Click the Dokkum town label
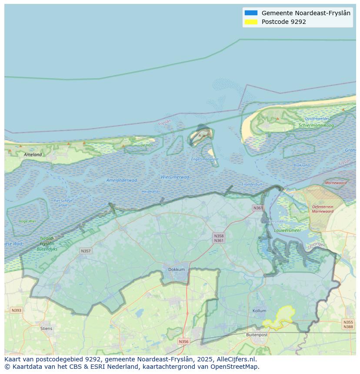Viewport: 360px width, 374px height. click(x=177, y=269)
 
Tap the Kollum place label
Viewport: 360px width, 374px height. click(x=259, y=311)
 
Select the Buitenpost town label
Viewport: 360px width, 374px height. click(x=257, y=334)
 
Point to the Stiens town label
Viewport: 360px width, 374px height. click(x=46, y=328)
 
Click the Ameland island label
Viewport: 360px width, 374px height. click(x=33, y=154)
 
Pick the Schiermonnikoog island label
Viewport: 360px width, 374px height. click(x=316, y=126)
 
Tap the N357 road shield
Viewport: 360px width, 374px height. click(x=86, y=251)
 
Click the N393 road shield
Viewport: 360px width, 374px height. click(x=16, y=310)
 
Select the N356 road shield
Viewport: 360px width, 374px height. click(x=183, y=341)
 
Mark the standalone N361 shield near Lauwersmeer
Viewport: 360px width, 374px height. click(x=258, y=208)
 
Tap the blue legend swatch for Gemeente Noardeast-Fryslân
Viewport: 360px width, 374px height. click(x=251, y=13)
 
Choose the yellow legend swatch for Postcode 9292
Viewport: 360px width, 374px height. click(x=251, y=22)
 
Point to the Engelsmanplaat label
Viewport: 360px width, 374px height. click(x=205, y=159)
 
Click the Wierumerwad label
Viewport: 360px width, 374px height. click(x=175, y=177)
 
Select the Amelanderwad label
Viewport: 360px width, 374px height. click(x=122, y=180)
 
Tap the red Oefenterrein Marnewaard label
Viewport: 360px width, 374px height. click(x=323, y=209)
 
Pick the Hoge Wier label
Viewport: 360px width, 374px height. click(x=27, y=221)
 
